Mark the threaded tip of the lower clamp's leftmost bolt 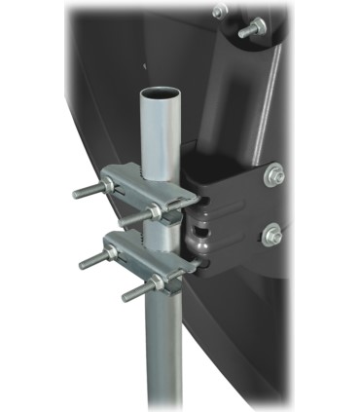(84, 261)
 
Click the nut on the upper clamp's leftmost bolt (106, 185)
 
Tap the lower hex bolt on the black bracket (272, 234)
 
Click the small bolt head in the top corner (221, 11)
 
